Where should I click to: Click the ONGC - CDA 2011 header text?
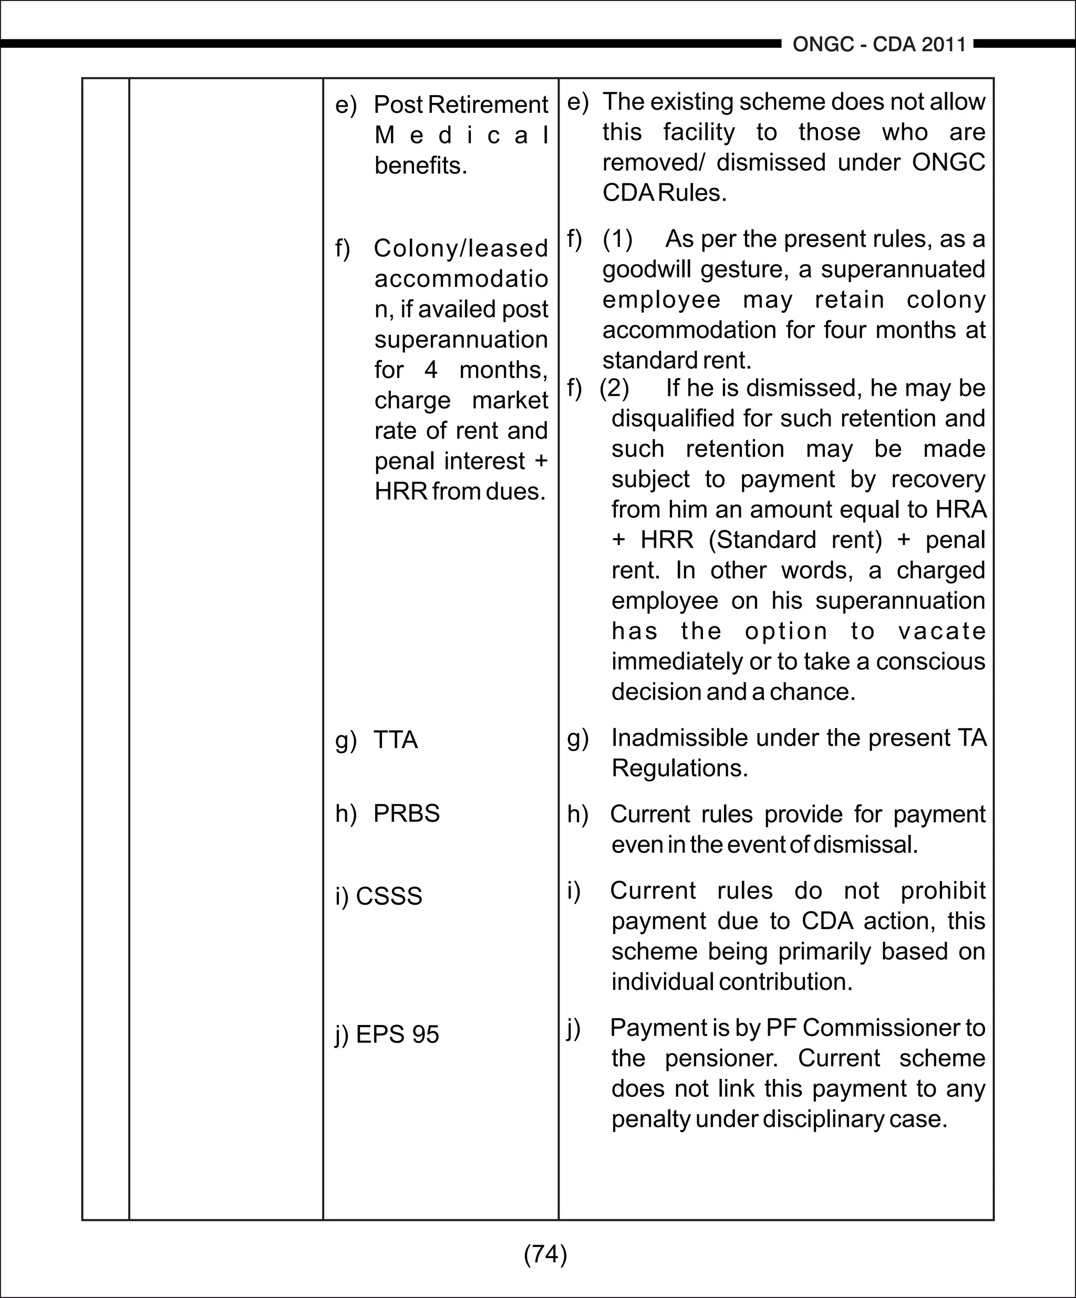tap(879, 45)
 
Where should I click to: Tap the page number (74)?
tap(545, 1254)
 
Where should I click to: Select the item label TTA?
tap(395, 740)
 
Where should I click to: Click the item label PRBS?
tap(406, 813)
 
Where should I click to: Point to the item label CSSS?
tap(389, 896)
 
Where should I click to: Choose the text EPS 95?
tap(397, 1034)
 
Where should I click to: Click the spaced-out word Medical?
tap(461, 135)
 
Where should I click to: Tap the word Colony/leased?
tap(461, 248)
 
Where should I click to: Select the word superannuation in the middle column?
tap(461, 339)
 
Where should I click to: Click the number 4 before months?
tap(431, 370)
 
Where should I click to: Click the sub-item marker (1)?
tap(617, 239)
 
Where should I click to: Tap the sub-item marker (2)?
tap(614, 388)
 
